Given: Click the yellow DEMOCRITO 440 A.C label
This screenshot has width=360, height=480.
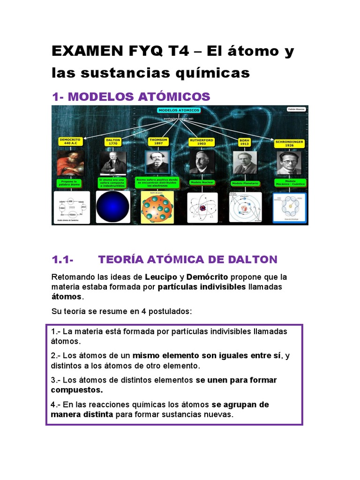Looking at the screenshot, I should coord(70,142).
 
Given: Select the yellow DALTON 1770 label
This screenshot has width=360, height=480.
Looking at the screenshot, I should coord(113,142).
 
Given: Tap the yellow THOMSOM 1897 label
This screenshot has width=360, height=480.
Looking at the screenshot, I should coord(157,142).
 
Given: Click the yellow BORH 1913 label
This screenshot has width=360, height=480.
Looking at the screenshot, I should coord(244,142).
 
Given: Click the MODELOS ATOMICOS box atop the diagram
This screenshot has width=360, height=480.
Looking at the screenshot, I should coord(179,110).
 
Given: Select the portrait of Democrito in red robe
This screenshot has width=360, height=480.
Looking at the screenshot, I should coord(70,163).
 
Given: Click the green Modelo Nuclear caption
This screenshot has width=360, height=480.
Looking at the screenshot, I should coord(201,182).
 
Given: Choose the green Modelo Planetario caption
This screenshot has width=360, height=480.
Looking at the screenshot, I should coord(245,183).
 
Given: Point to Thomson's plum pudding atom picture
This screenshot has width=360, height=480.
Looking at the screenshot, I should coord(157,206).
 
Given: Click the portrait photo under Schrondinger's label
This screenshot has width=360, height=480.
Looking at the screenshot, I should coord(289,163).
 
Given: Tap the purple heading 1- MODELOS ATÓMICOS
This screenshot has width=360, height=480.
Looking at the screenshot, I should coord(131,97).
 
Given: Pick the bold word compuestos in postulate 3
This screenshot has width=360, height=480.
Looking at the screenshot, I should coord(77,390).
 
